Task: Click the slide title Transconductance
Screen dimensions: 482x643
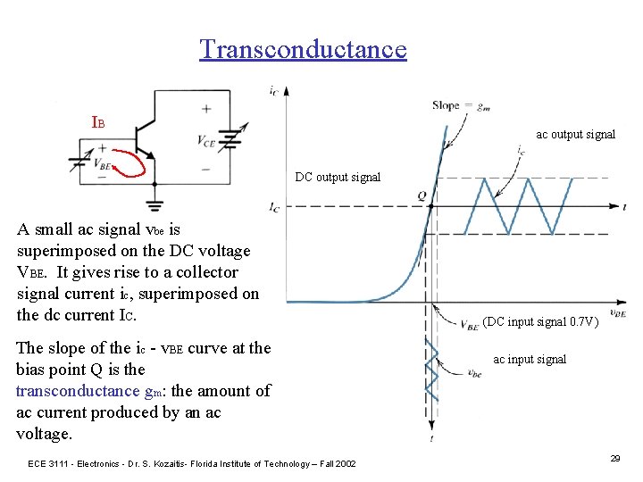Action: (x=303, y=48)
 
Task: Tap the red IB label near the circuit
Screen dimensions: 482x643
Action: (x=98, y=121)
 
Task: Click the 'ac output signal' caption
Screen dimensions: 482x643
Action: (x=575, y=135)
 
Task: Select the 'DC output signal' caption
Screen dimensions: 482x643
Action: (x=338, y=177)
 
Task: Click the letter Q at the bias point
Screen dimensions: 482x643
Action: (x=421, y=195)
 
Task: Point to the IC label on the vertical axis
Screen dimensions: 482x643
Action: (x=275, y=207)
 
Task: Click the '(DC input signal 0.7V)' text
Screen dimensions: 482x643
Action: (x=540, y=322)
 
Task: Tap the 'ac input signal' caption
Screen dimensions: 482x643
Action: (x=530, y=359)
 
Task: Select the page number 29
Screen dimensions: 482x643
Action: (x=614, y=458)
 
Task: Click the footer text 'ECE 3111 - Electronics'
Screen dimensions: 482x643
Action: (x=79, y=463)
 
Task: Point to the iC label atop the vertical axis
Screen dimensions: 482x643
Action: (x=271, y=89)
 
